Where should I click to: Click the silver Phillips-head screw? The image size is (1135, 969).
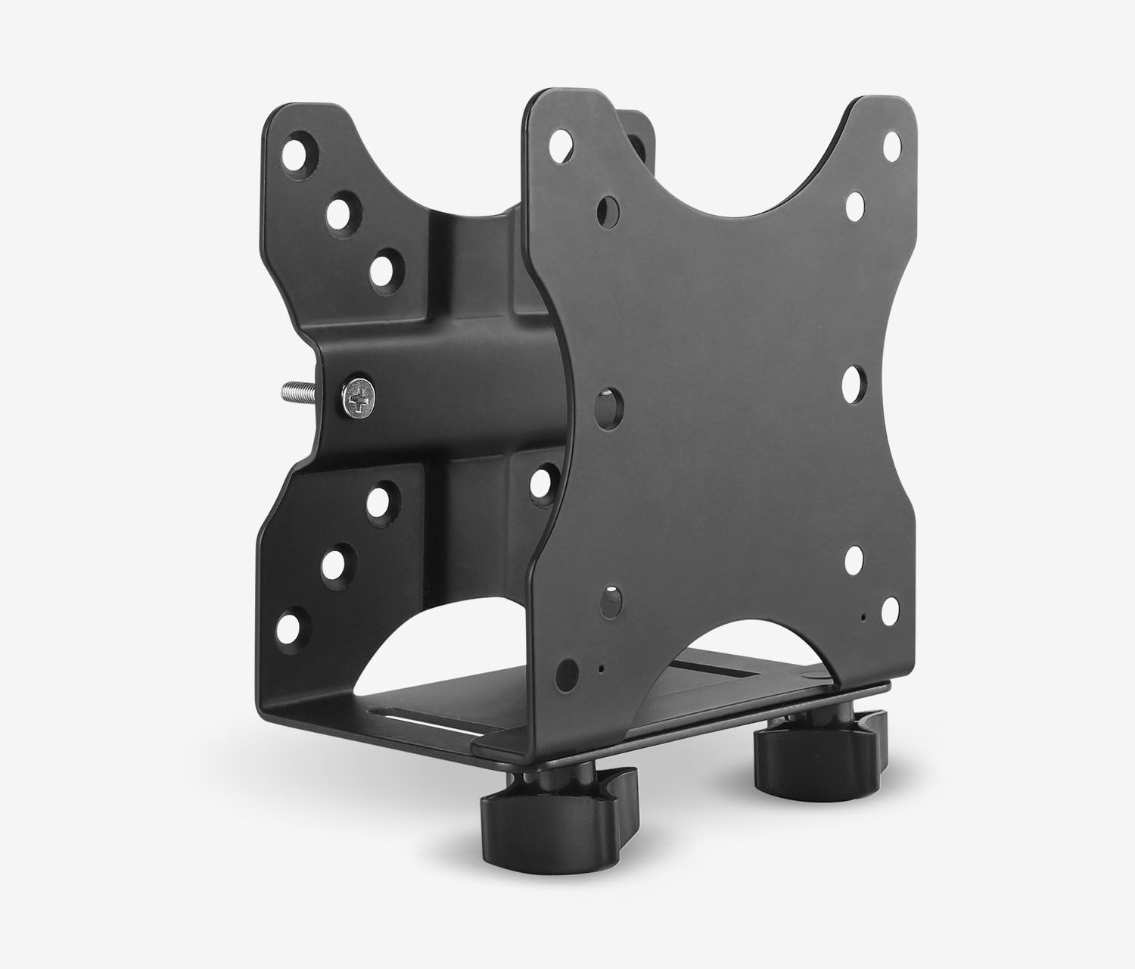[x=359, y=398]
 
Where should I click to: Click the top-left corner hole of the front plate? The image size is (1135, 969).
[x=561, y=141]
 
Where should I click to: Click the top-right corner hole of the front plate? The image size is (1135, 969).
[x=892, y=142]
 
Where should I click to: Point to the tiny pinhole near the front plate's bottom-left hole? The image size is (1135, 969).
[x=600, y=669]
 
